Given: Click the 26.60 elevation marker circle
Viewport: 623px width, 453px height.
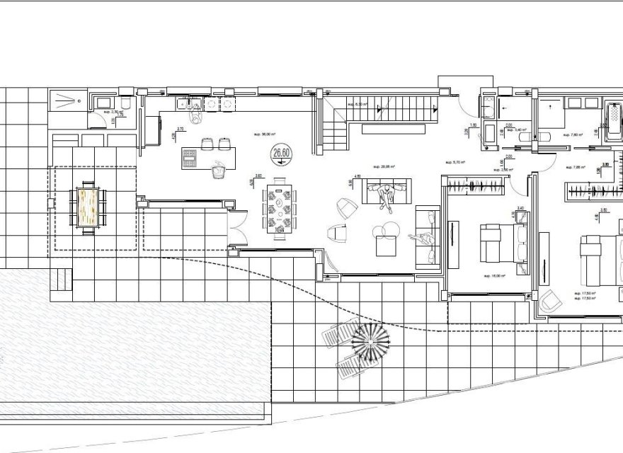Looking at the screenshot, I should coord(282,152).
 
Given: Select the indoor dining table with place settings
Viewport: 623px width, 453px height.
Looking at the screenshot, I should coord(278,210).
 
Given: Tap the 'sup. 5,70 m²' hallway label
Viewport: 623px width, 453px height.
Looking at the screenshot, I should coord(454,162).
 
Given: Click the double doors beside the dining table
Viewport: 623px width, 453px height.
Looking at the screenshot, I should coord(238,225).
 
